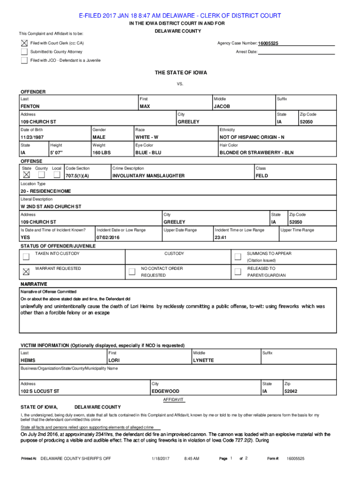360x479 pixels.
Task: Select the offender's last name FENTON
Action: tap(30, 107)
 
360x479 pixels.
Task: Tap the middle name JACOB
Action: tap(222, 107)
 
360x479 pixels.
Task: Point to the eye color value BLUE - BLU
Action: tap(148, 152)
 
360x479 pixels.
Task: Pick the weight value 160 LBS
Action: tap(102, 152)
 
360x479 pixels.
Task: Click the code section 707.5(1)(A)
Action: tap(78, 176)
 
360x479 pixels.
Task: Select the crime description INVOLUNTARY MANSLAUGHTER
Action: tap(149, 176)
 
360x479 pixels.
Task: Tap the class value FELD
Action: tap(262, 176)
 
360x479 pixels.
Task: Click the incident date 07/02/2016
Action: tap(108, 238)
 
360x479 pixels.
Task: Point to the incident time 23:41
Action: tap(221, 238)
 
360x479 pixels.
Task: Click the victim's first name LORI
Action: tap(114, 361)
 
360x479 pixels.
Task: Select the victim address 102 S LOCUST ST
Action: tap(40, 391)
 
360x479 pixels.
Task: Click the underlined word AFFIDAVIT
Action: tap(173, 400)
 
